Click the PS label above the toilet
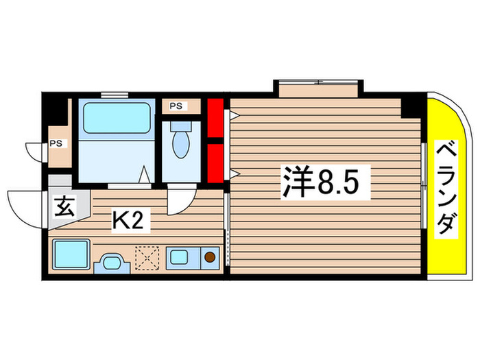tap(176, 106)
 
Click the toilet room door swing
tap(180, 200)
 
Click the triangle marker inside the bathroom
tap(145, 175)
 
